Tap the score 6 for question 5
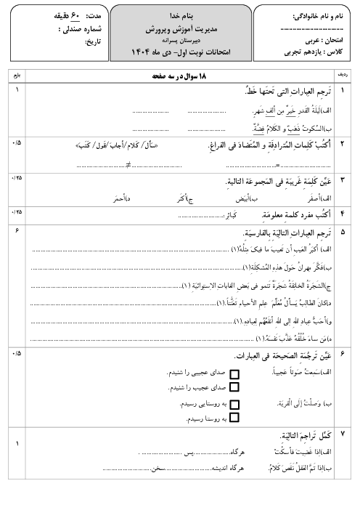(16, 230)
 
